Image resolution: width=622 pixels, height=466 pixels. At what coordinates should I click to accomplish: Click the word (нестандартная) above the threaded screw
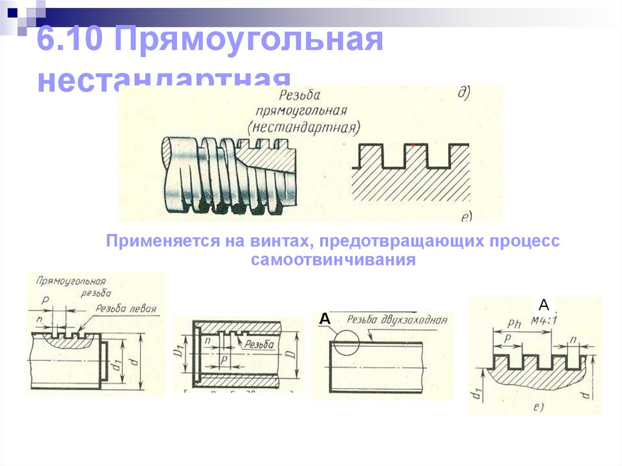pyautogui.click(x=304, y=127)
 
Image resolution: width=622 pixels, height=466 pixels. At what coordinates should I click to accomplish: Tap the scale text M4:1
pyautogui.click(x=544, y=320)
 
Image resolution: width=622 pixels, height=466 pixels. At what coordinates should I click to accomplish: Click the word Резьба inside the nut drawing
pyautogui.click(x=258, y=344)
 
